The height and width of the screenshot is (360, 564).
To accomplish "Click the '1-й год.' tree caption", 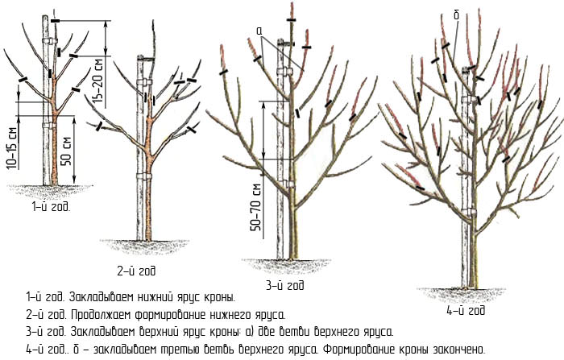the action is (51, 207).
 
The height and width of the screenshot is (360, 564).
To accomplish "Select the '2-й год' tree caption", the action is (136, 271).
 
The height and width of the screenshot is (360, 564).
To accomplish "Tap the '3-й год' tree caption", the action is (285, 285).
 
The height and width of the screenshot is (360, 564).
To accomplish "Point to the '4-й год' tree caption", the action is (466, 310).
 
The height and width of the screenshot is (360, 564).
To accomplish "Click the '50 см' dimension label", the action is (66, 151).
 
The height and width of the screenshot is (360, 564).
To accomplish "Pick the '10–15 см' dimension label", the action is (11, 148).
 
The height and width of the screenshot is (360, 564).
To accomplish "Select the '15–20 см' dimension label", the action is (99, 82).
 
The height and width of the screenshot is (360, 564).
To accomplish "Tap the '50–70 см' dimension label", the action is (256, 208).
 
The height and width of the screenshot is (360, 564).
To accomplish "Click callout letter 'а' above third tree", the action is (260, 31).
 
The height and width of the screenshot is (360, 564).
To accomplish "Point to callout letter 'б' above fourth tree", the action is (457, 15).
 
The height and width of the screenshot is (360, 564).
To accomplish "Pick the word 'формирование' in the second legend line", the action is (172, 316).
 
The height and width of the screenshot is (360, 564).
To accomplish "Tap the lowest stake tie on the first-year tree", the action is (50, 126).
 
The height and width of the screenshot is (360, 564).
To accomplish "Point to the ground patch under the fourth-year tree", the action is (462, 294).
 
